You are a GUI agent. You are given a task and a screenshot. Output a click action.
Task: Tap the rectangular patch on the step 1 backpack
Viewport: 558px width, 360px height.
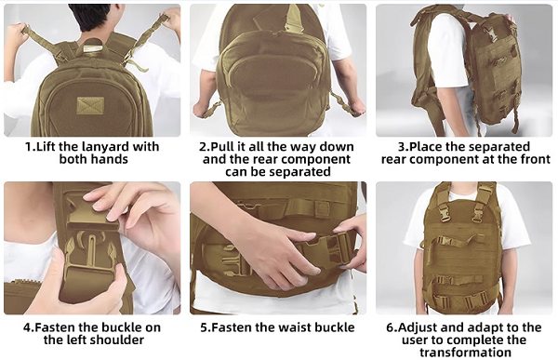click(91, 106)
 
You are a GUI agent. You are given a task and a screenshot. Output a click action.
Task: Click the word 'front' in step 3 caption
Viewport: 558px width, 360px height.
click(533, 159)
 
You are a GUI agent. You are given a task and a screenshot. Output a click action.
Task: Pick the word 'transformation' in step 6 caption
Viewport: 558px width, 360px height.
click(466, 353)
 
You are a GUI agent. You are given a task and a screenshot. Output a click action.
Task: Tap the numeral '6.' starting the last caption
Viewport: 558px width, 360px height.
click(392, 327)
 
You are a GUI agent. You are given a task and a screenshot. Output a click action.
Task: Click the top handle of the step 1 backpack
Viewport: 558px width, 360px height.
click(91, 46)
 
